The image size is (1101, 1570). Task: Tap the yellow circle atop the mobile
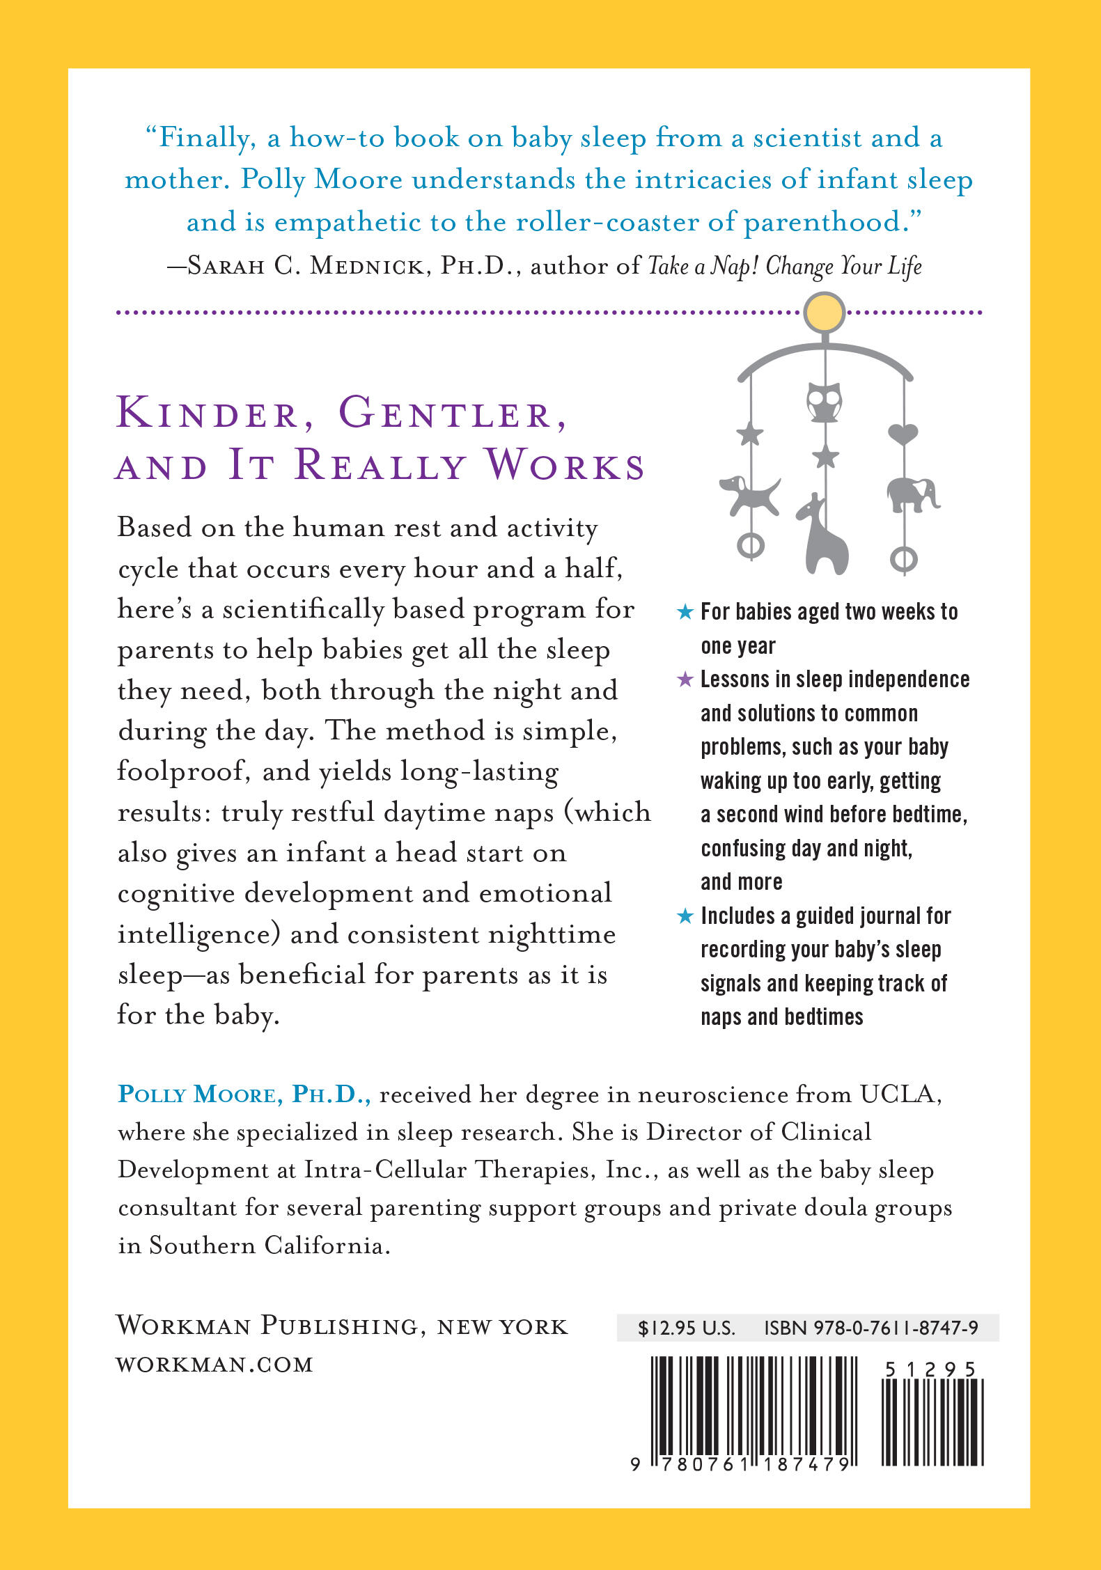(x=825, y=313)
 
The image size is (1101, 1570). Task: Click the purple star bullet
(x=685, y=680)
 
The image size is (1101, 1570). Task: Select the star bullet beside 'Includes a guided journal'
(x=685, y=916)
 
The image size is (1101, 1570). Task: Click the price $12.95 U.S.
(x=686, y=1328)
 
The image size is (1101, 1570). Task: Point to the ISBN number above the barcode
(x=871, y=1328)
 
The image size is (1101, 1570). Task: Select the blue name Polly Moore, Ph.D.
(x=244, y=1095)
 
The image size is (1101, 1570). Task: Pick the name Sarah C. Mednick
(x=305, y=267)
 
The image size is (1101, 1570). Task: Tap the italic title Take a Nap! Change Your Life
(x=784, y=267)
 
